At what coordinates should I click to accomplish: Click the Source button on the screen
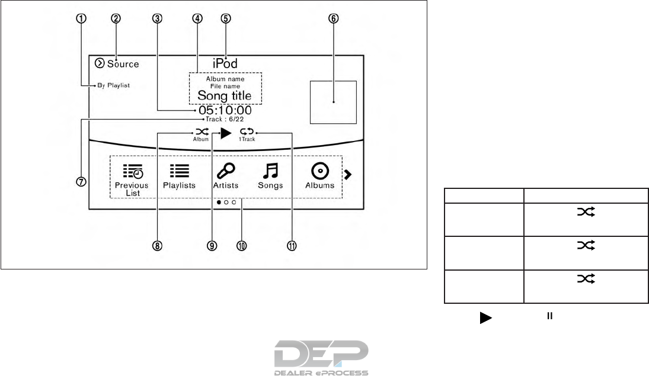[x=116, y=64]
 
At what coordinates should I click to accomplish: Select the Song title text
[x=224, y=95]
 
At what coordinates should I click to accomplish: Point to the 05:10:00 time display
[x=225, y=111]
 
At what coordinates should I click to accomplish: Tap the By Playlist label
[x=113, y=86]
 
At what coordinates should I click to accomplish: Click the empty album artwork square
[x=333, y=102]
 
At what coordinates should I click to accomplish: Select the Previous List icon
[x=132, y=171]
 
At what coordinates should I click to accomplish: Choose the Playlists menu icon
[x=180, y=171]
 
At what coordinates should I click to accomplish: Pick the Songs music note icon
[x=270, y=171]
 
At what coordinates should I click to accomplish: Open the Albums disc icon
[x=320, y=171]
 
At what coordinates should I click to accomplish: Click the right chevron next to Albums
[x=349, y=174]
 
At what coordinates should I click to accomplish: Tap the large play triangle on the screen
[x=225, y=134]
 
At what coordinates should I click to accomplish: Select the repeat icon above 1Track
[x=246, y=133]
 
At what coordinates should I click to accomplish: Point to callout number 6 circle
[x=333, y=18]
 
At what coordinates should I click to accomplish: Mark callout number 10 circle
[x=241, y=247]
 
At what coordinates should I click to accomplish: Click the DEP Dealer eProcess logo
[x=321, y=357]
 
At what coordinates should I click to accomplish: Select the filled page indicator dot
[x=219, y=203]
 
